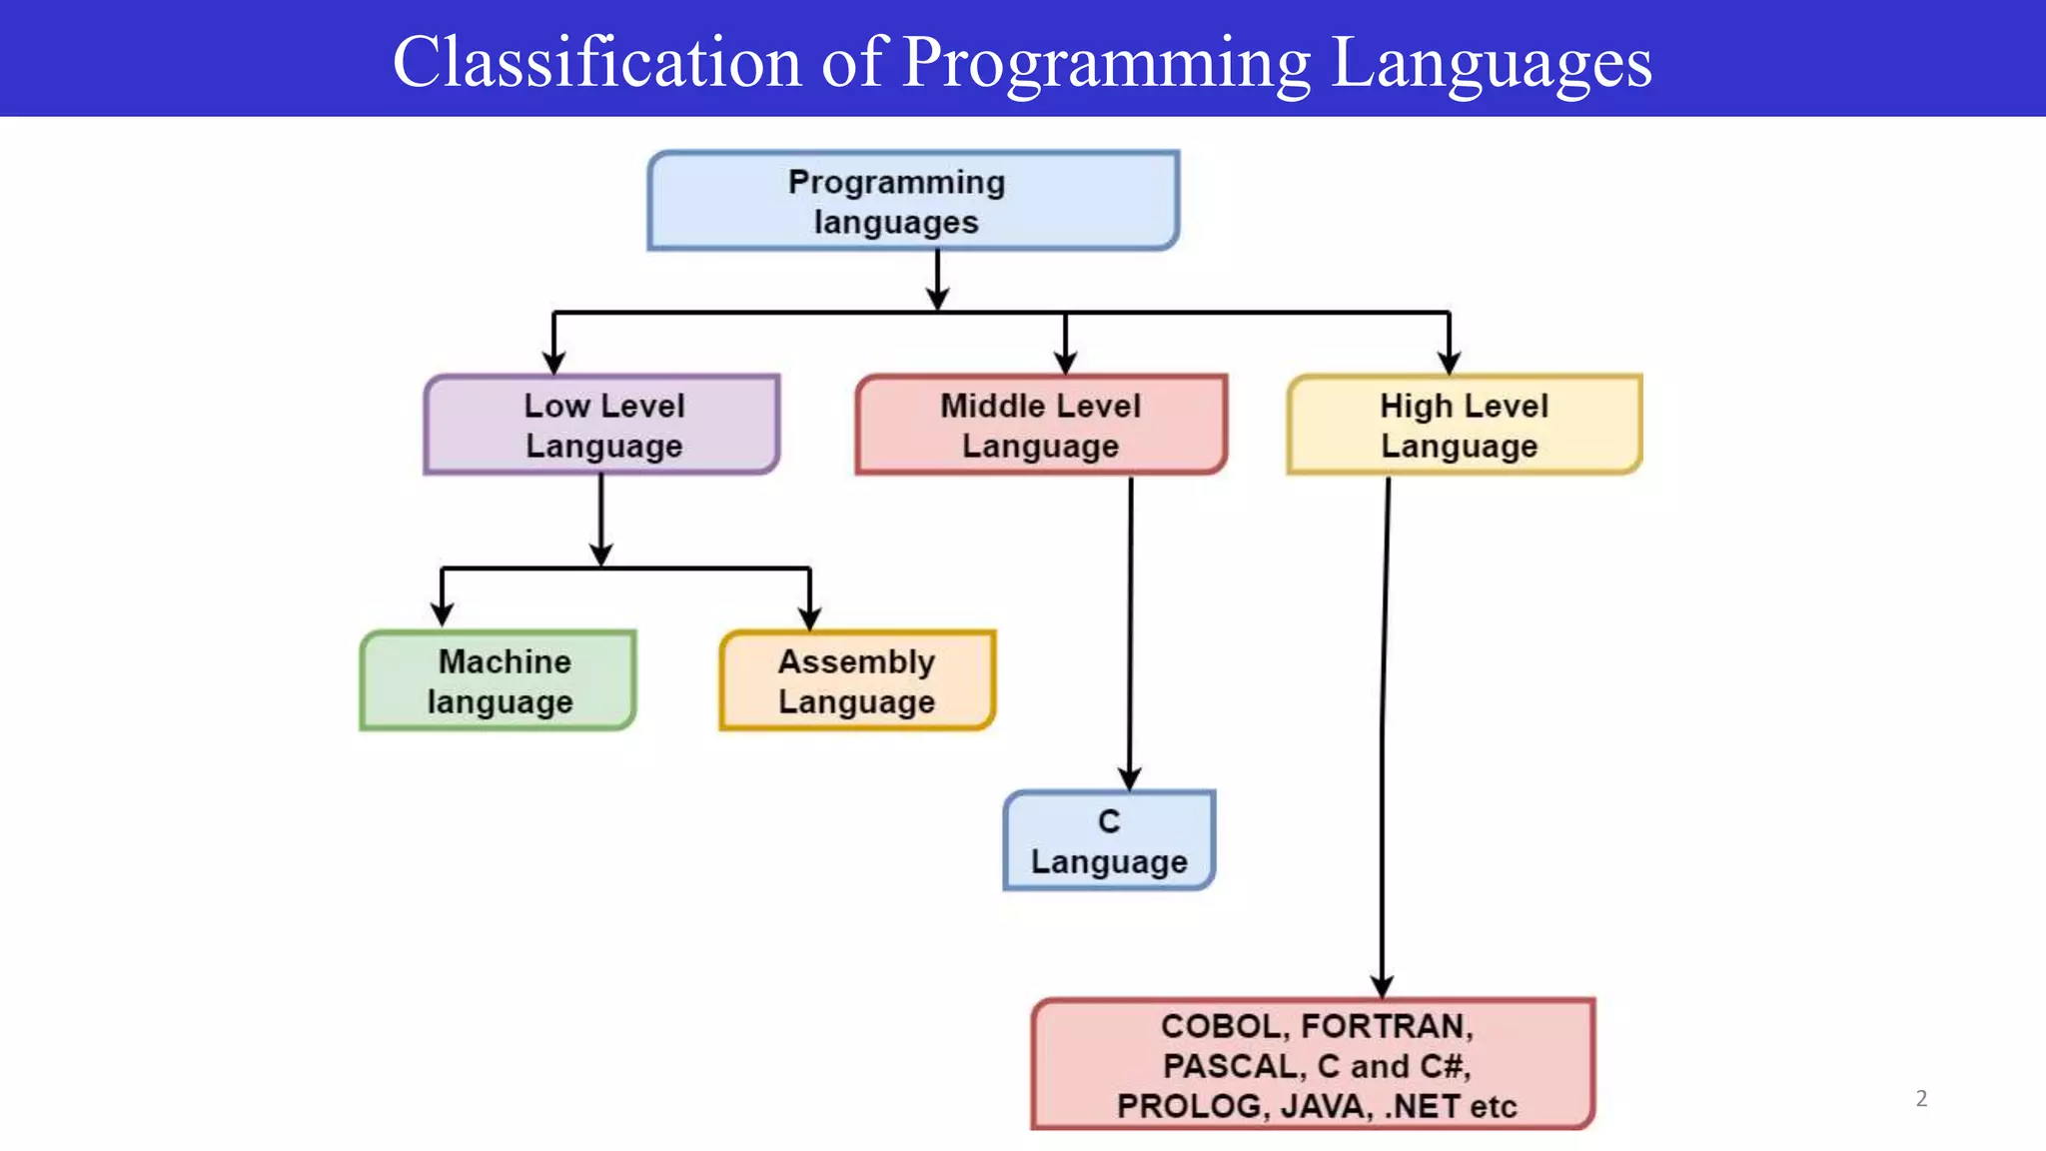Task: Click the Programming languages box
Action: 912,201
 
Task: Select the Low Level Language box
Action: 601,425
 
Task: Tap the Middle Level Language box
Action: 1040,425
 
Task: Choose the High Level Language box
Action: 1464,425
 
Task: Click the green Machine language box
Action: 498,680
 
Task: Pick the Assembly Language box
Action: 856,680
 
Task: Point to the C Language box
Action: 1108,840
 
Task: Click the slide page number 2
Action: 1921,1098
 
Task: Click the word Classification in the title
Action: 596,62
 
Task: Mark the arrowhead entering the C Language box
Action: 1130,779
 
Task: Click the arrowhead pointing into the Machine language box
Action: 442,613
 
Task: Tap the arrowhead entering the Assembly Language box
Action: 809,617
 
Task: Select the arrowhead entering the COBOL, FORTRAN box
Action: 1382,986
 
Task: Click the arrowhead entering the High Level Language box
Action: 1449,363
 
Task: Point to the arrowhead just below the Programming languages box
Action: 937,298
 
